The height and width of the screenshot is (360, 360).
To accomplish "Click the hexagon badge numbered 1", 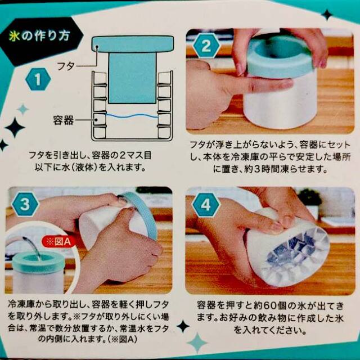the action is pos(38,79).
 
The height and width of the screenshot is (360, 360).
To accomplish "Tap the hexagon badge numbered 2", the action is pos(206,46).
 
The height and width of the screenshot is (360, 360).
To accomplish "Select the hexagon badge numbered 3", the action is pos(25,204).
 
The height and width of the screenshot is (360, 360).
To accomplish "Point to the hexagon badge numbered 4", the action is pos(206,204).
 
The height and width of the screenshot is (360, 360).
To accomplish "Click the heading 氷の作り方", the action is pos(39,37).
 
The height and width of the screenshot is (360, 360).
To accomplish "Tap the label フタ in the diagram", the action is pos(66,66).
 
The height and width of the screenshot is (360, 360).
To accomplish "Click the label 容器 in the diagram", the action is pos(63,120).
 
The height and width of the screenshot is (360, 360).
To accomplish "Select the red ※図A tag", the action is pos(58,242).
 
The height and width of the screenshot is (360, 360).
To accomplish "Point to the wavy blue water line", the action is pos(132,115).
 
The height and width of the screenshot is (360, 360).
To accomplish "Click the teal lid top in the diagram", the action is pos(133,44).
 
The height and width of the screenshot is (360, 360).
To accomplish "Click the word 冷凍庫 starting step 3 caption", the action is pos(21,305).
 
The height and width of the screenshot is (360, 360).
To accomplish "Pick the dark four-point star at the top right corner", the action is pos(327,15).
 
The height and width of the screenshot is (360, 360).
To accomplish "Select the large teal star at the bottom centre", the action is pos(197,343).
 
